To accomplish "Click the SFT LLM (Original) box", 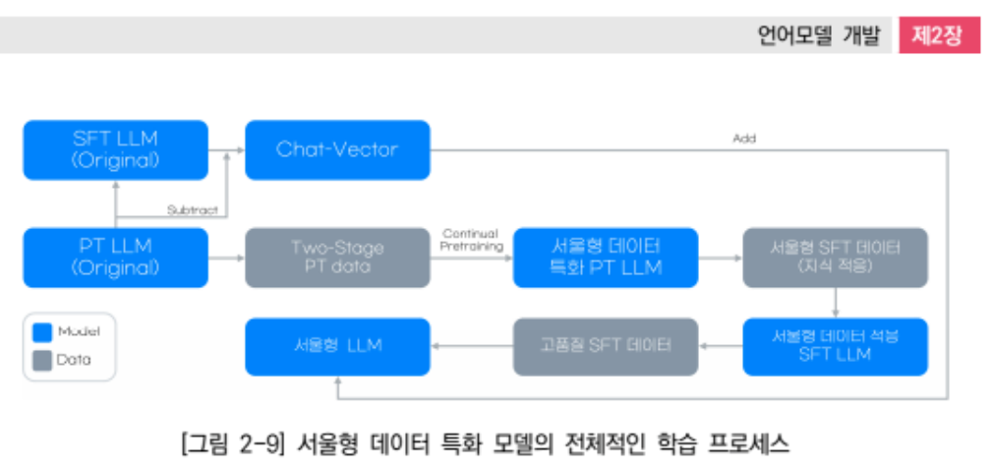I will [x=115, y=149].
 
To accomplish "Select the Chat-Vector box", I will [x=337, y=149].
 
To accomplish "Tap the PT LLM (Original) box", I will [x=115, y=258].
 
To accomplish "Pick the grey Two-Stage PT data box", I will [x=337, y=258].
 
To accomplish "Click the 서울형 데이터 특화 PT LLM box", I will [x=606, y=258].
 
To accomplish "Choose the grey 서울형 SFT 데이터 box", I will [x=835, y=258].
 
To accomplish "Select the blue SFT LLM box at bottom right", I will [x=835, y=346].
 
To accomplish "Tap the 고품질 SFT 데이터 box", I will [x=606, y=346].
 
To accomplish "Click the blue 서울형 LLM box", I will [x=337, y=346].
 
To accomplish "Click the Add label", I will [x=744, y=139].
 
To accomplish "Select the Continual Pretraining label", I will [x=472, y=240].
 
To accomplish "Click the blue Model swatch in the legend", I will [x=42, y=332].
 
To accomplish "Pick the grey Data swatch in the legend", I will [x=42, y=360].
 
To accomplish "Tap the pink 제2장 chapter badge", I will [x=939, y=35].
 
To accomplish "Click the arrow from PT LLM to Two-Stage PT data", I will [x=226, y=258].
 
